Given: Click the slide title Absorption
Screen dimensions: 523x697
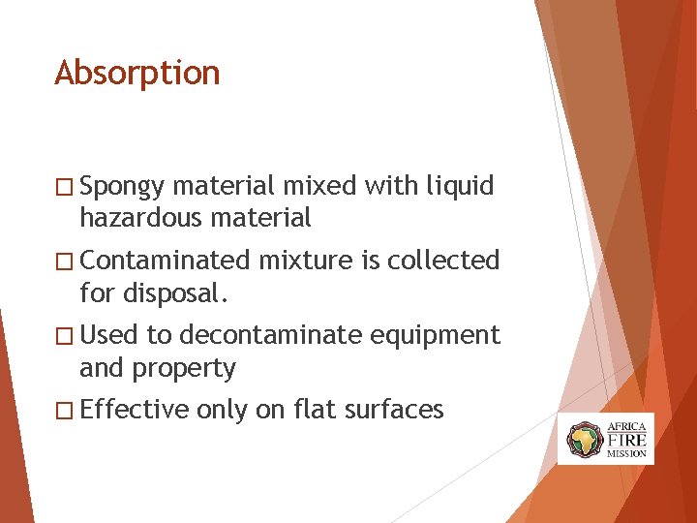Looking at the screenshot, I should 137,74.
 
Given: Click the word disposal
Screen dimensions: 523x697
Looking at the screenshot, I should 178,292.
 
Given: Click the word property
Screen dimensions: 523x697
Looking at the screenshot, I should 184,369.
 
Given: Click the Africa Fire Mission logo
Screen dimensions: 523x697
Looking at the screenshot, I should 606,438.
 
